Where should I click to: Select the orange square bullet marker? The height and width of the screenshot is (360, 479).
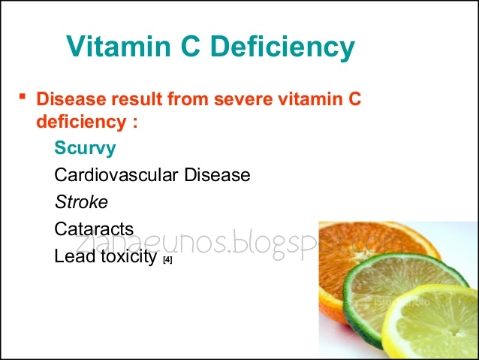pyautogui.click(x=23, y=96)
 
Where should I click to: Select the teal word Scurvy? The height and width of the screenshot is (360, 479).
pyautogui.click(x=85, y=148)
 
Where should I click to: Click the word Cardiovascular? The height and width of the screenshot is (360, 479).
pyautogui.click(x=113, y=175)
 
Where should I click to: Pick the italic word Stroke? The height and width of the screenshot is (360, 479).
pyautogui.click(x=81, y=202)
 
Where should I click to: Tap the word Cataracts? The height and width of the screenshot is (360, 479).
pyautogui.click(x=94, y=229)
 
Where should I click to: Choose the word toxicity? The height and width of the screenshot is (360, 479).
pyautogui.click(x=126, y=257)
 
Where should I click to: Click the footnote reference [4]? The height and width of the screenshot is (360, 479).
pyautogui.click(x=167, y=260)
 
